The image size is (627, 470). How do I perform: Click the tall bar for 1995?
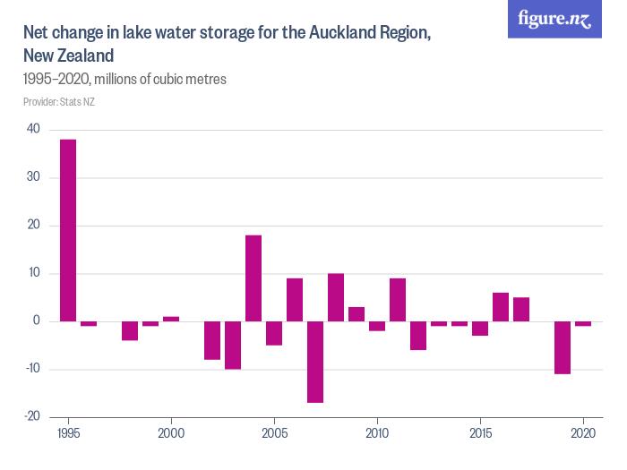click(68, 230)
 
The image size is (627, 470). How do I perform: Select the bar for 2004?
click(253, 278)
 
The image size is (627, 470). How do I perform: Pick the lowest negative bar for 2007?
click(315, 362)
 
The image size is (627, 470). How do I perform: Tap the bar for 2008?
click(336, 297)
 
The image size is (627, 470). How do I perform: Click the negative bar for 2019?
click(563, 347)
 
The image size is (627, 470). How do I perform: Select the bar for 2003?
click(233, 345)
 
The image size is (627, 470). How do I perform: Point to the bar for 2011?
click(398, 300)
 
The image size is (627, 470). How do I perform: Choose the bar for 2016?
click(501, 307)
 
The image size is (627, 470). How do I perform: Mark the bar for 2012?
click(418, 336)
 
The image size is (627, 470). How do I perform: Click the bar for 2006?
click(295, 300)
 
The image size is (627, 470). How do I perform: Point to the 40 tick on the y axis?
click(33, 129)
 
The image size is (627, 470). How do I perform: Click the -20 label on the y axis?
click(31, 416)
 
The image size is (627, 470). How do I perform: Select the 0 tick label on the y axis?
click(37, 320)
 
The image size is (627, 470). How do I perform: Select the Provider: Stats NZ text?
click(59, 101)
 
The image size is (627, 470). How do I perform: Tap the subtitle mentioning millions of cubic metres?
click(125, 79)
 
